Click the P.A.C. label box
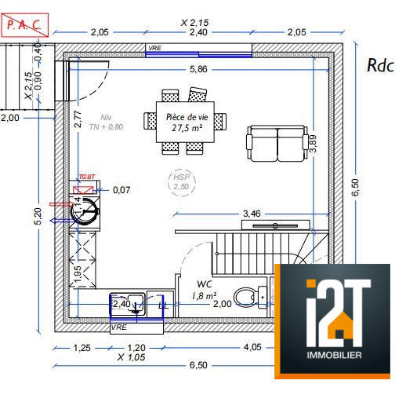pos(27,25)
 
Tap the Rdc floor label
pos(381,65)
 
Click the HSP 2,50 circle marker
pos(181,182)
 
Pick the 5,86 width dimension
pos(198,69)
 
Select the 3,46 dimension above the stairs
pos(252,213)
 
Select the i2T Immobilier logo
pos(332,320)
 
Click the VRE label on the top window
pos(155,49)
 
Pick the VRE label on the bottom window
pos(119,326)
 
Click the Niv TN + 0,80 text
pos(106,121)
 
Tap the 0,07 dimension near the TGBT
pos(121,189)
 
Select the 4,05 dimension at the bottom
pos(252,347)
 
